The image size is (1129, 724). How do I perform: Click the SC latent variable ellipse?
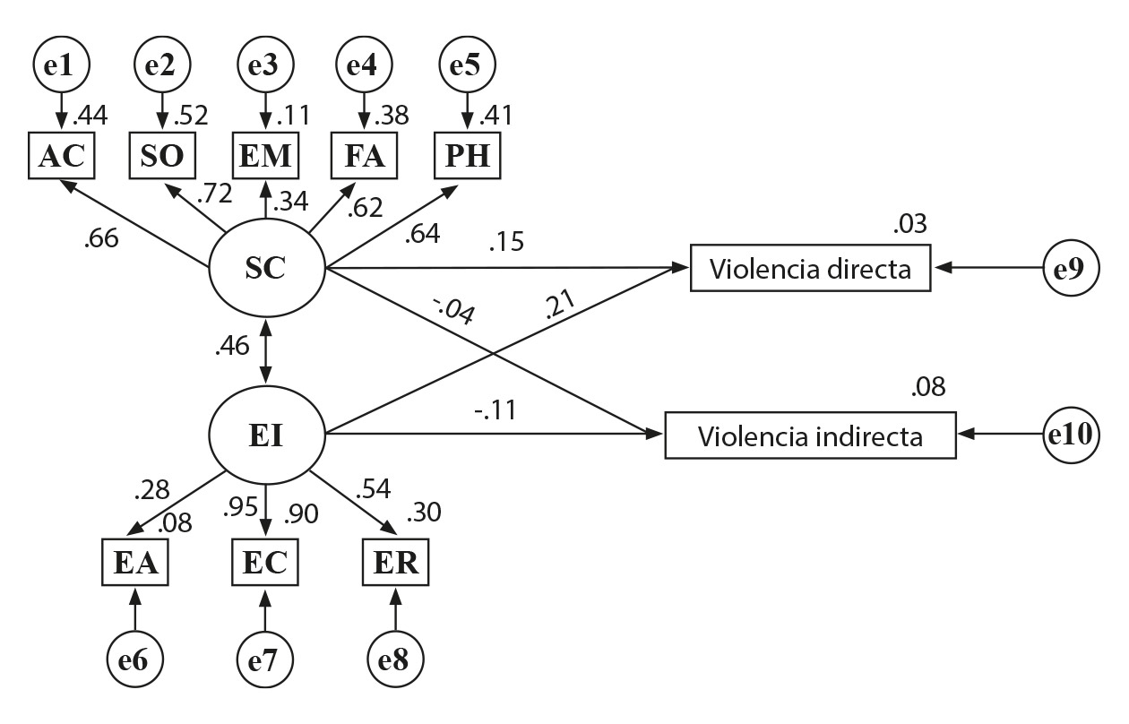(266, 267)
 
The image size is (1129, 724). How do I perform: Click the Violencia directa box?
(810, 267)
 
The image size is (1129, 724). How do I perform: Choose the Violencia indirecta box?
(810, 436)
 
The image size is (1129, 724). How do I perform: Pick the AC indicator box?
(62, 156)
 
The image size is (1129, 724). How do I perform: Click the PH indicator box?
(466, 156)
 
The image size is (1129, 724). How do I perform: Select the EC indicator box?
(265, 563)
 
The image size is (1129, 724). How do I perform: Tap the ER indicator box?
(395, 563)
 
